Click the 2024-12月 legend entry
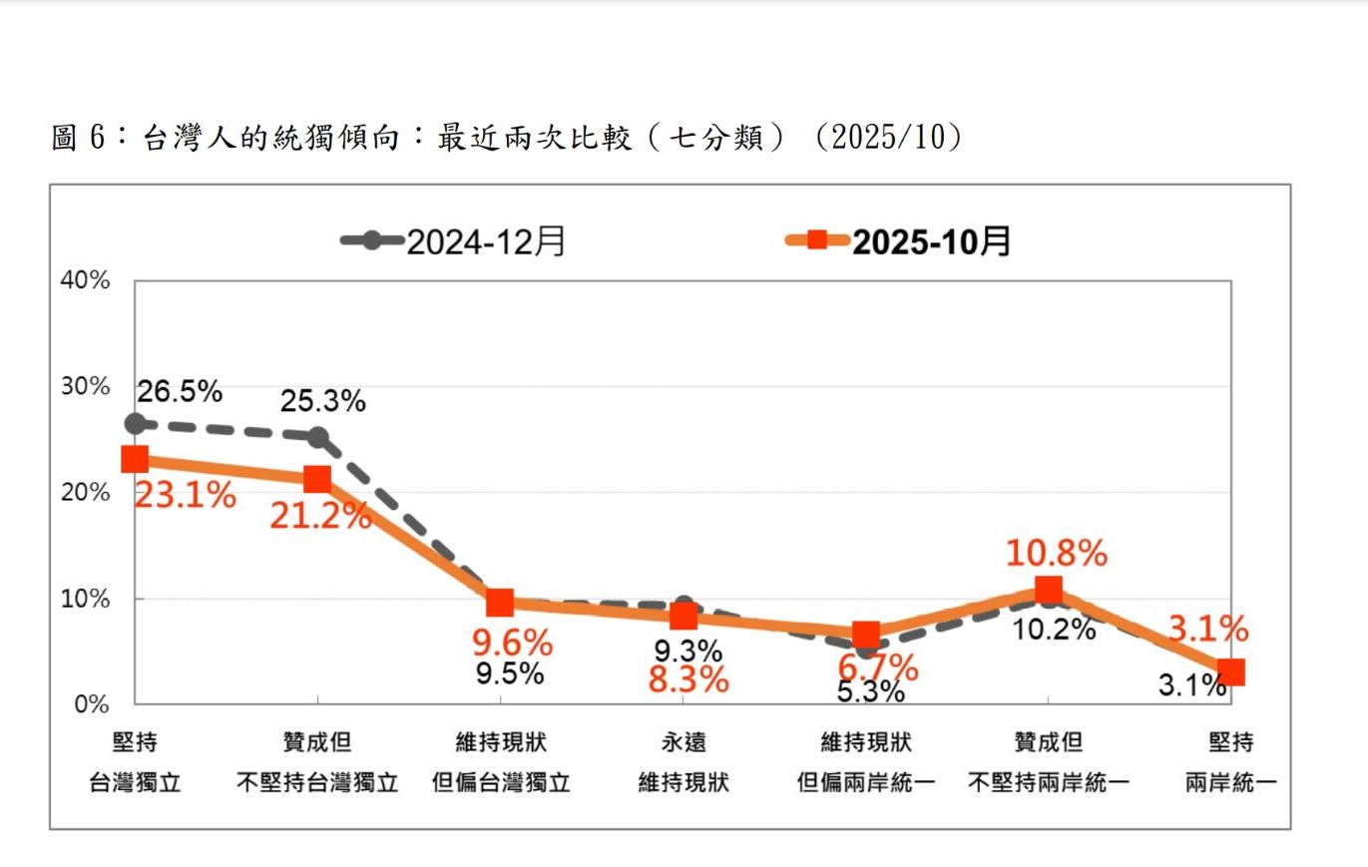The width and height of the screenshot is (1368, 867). (x=454, y=241)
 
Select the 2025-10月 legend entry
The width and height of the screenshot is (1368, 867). (x=898, y=241)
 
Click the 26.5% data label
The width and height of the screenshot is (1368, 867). (x=180, y=391)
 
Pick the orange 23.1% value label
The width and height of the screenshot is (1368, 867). (x=185, y=494)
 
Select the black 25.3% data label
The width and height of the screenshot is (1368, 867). (x=322, y=401)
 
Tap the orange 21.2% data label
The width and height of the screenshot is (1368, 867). (x=320, y=516)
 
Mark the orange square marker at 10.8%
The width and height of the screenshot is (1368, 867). (x=1048, y=591)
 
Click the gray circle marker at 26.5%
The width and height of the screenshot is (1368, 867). (x=135, y=424)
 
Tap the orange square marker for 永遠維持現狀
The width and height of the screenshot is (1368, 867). (x=684, y=617)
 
